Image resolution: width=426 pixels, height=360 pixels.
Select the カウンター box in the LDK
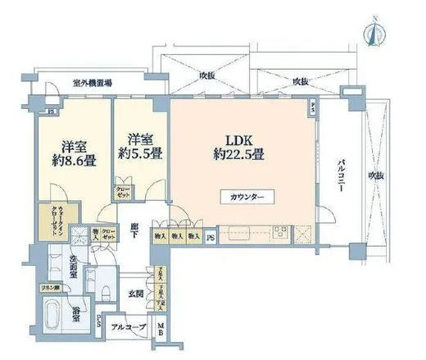[x=247, y=198]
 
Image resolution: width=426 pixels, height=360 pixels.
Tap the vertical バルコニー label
[x=339, y=174]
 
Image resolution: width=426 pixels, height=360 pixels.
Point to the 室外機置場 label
[x=93, y=84]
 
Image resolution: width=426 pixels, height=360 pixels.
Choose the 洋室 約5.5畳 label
[x=139, y=144]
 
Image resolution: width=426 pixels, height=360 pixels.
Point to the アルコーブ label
[x=128, y=327]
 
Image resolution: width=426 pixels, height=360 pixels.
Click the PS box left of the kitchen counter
[x=211, y=238]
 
